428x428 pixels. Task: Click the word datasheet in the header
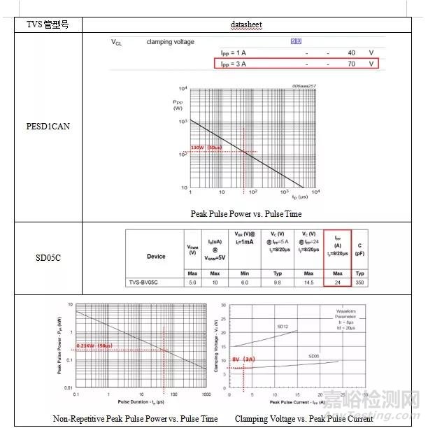point(245,25)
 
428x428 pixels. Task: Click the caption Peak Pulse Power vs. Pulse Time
point(245,214)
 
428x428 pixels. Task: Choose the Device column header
point(155,256)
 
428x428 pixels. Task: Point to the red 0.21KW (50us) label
point(93,346)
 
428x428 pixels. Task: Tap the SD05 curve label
point(314,356)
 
